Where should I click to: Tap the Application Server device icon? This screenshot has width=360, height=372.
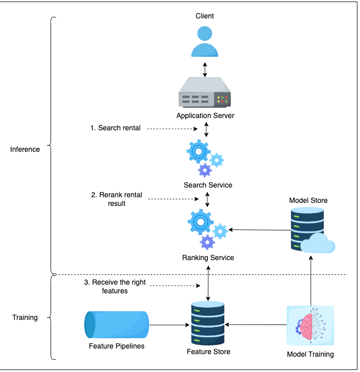(204, 92)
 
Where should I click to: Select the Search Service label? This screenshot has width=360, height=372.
(208, 185)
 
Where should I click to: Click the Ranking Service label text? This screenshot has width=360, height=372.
(208, 258)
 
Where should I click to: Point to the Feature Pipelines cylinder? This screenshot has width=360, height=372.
(116, 324)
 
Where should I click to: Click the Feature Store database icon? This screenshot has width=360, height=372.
(208, 323)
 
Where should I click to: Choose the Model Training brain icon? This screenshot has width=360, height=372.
(310, 325)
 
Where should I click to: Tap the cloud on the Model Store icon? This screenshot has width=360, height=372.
(318, 243)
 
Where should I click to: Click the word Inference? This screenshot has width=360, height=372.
(25, 149)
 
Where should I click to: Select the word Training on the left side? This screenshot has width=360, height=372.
(25, 317)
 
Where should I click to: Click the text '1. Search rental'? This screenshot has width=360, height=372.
(115, 128)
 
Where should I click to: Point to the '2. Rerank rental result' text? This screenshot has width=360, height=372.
(116, 199)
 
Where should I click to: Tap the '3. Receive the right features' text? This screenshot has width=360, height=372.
(115, 286)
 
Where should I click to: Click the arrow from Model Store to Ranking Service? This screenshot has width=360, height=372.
(260, 229)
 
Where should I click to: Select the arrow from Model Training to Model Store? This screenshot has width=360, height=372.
(311, 281)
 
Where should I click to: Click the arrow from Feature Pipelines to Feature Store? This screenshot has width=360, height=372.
(170, 325)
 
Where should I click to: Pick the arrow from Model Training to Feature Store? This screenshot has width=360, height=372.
(256, 324)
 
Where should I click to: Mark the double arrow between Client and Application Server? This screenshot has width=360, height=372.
(205, 69)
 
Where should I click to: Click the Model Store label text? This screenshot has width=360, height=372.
(308, 200)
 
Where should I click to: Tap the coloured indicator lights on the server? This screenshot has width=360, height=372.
(222, 100)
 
